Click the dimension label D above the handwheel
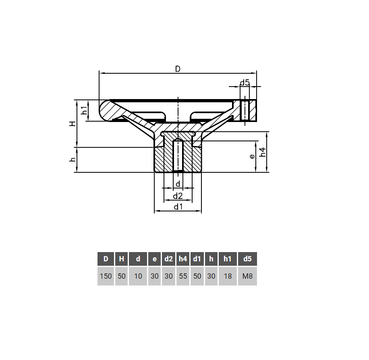click(178, 69)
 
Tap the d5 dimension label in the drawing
click(245, 83)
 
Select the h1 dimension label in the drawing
click(84, 110)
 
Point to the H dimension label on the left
click(72, 124)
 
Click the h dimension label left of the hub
click(73, 160)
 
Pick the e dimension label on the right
click(252, 156)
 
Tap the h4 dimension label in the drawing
click(263, 152)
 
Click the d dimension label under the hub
click(178, 184)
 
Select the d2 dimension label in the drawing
click(178, 196)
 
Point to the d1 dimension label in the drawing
click(178, 207)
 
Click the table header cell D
click(106, 259)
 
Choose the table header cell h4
click(183, 259)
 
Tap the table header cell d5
click(247, 259)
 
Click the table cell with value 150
click(106, 276)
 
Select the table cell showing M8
click(247, 276)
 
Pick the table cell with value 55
click(183, 276)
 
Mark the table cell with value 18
click(228, 276)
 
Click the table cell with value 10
click(138, 276)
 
